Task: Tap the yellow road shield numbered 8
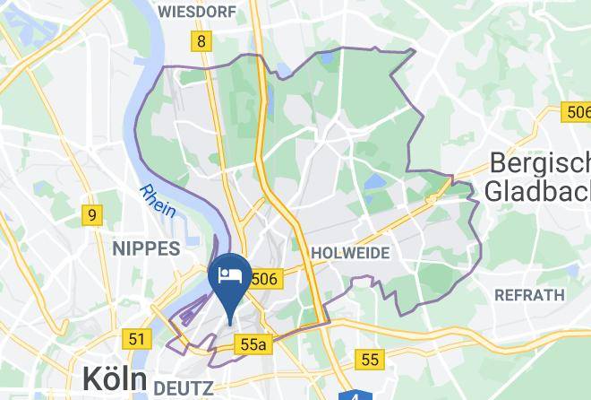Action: tap(201, 41)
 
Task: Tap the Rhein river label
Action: tap(157, 200)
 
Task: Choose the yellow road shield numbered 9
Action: tap(92, 215)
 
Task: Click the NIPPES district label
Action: tap(145, 249)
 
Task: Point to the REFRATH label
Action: tap(529, 294)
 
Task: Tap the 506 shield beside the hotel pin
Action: tap(265, 280)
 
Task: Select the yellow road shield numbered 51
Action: tap(136, 339)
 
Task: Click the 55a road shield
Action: tap(253, 344)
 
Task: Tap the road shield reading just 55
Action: tap(370, 360)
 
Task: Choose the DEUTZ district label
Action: tap(185, 387)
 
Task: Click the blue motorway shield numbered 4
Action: tap(356, 396)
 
